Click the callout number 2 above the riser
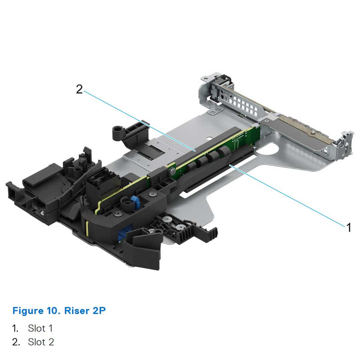click(79, 90)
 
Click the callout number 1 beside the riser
click(348, 227)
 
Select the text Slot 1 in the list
click(40, 328)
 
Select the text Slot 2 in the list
click(41, 342)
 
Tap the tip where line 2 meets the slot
click(194, 149)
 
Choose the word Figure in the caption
click(27, 310)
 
